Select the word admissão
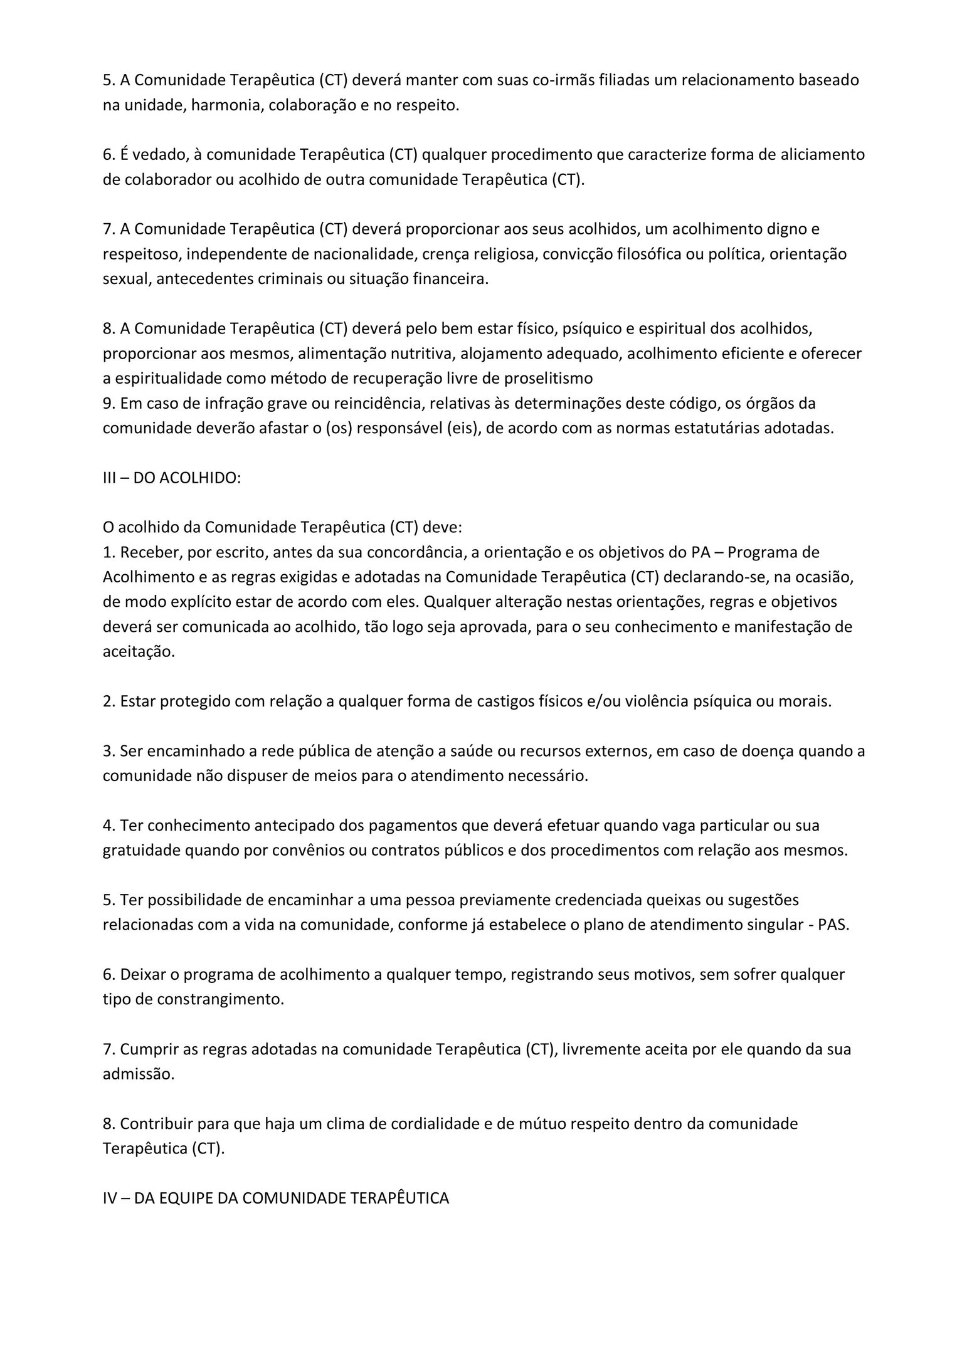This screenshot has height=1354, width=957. (138, 1074)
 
